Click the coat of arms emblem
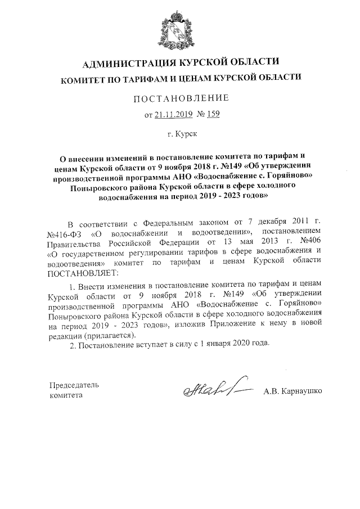click(181, 29)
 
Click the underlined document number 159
click(213, 115)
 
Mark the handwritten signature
click(211, 389)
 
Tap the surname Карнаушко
click(301, 390)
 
